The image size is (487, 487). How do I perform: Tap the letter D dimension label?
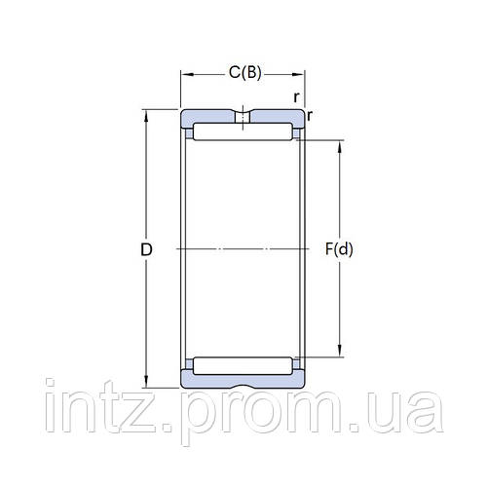pos(147,250)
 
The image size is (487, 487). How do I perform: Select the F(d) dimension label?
pos(339,250)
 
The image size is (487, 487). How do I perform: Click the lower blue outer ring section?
pos(243,380)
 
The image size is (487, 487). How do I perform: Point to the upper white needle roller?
pos(243,131)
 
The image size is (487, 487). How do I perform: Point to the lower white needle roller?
pos(243,366)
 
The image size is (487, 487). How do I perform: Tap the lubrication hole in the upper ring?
pos(243,119)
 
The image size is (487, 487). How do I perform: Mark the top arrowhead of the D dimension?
pos(147,115)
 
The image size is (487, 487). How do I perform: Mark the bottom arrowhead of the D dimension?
pos(147,384)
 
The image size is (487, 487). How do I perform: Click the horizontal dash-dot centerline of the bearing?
pos(243,250)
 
